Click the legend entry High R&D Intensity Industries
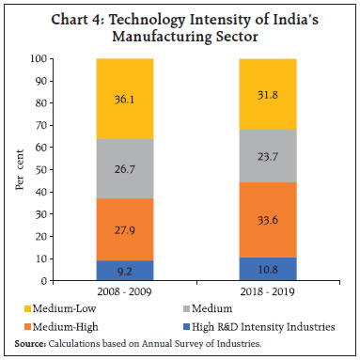(274, 325)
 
